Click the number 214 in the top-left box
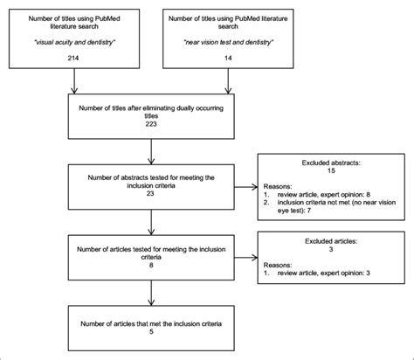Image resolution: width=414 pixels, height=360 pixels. tap(73, 58)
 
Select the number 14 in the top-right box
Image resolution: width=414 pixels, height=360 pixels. tap(228, 58)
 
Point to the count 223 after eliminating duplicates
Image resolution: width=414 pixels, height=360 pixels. tap(151, 124)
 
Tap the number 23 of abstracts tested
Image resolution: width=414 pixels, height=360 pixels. tap(150, 193)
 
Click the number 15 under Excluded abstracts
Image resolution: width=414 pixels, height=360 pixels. tap(331, 170)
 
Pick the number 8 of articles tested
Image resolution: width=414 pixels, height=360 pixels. tap(151, 265)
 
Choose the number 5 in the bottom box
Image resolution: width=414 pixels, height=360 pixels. tap(151, 331)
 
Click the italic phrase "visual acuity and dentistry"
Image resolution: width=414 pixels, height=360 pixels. tap(74, 42)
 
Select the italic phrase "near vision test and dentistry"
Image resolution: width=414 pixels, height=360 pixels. tap(228, 42)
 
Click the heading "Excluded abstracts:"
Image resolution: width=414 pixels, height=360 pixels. tap(331, 163)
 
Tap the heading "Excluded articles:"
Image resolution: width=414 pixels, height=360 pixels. tap(331, 241)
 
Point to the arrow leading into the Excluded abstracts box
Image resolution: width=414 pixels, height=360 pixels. tap(246, 187)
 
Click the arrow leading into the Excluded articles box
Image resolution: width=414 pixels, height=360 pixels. tap(246, 257)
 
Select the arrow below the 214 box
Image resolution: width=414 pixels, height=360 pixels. tap(74, 81)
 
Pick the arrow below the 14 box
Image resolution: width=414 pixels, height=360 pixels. tap(228, 81)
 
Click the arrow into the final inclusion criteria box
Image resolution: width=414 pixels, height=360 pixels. tap(151, 293)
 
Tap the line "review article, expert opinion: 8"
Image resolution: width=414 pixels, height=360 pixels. tap(324, 195)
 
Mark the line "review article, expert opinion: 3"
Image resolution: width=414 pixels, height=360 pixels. tap(324, 273)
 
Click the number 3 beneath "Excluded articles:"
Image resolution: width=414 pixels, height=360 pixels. tap(331, 249)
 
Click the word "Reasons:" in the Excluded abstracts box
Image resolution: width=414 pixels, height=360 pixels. tap(278, 186)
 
